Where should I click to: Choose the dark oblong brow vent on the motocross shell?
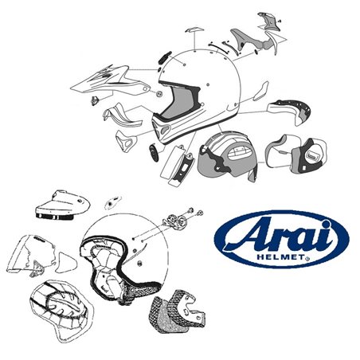tap(162, 60)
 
